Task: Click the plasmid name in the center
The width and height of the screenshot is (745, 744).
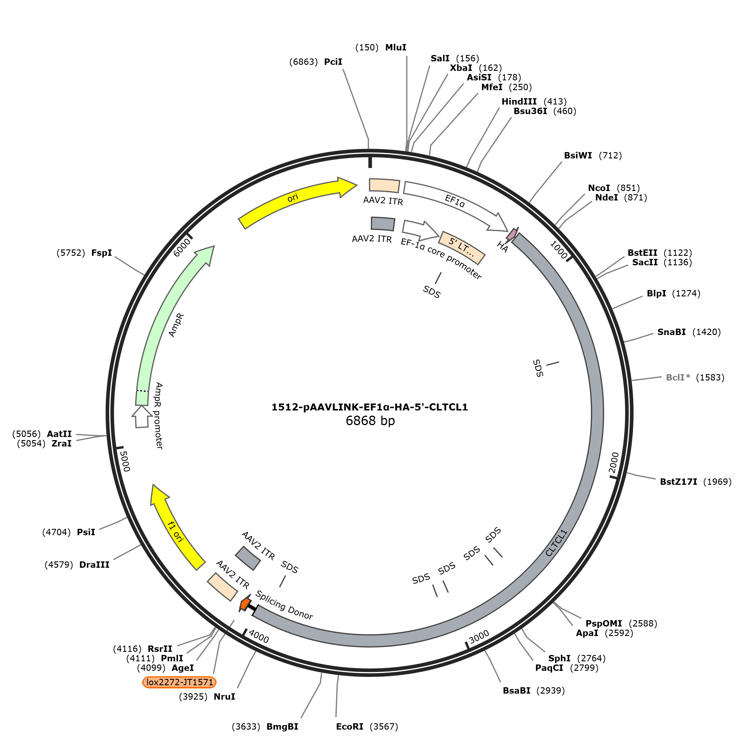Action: (x=369, y=407)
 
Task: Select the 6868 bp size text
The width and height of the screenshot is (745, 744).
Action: (x=370, y=421)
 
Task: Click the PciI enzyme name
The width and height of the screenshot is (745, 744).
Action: (x=333, y=62)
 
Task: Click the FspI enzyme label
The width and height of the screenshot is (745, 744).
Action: (x=101, y=253)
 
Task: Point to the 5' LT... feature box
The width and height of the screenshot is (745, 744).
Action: (x=462, y=248)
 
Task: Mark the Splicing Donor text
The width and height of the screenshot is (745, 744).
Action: (x=284, y=605)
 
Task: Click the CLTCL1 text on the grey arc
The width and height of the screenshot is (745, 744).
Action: (x=557, y=543)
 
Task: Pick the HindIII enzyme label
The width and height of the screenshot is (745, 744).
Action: (x=519, y=101)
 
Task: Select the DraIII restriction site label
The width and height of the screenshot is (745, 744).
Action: (x=94, y=565)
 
